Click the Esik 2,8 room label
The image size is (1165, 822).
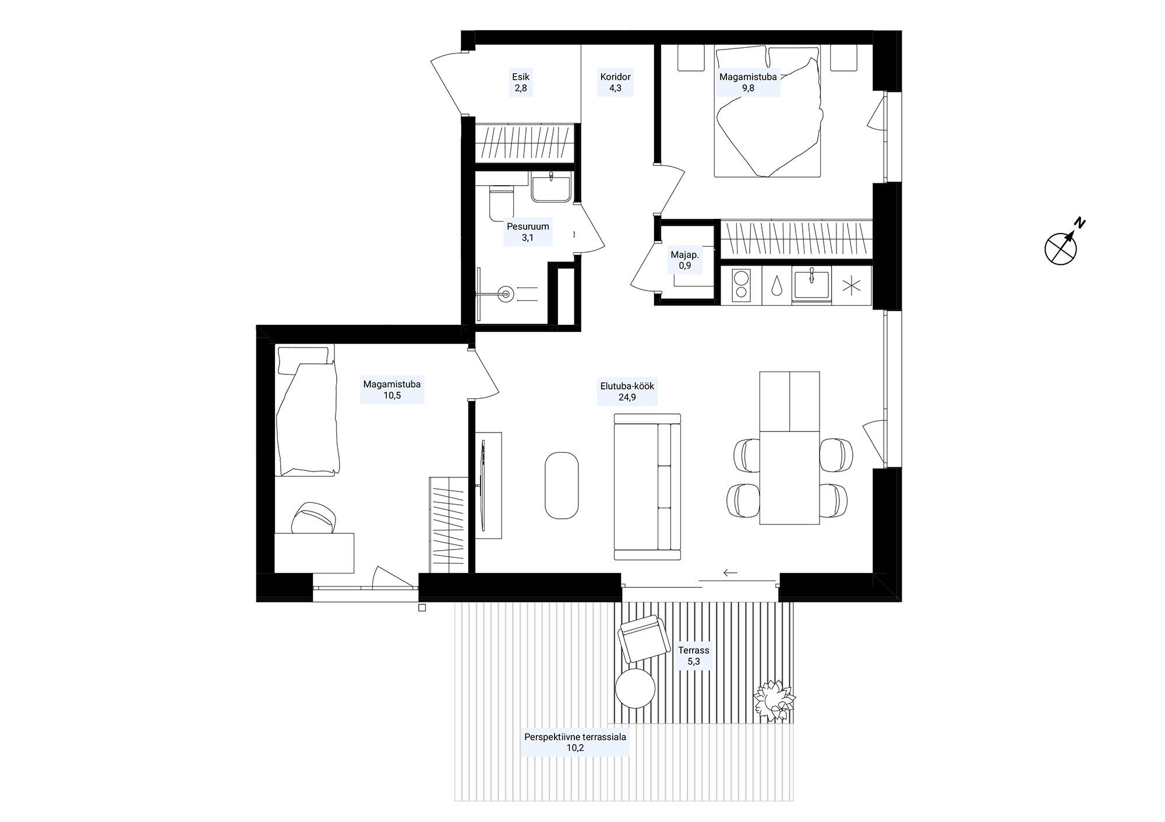(x=521, y=82)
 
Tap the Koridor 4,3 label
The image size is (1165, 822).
(x=615, y=82)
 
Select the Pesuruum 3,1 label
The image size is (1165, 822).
(x=528, y=232)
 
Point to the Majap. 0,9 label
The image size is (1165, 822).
(x=684, y=260)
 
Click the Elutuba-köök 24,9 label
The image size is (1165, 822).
(x=627, y=392)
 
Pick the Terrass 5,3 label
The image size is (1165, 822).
(x=693, y=656)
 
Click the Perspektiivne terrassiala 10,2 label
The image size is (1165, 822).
(x=575, y=742)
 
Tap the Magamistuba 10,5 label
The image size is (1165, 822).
(x=392, y=390)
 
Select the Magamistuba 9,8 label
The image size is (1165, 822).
(x=748, y=82)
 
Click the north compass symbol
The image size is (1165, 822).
(x=1062, y=247)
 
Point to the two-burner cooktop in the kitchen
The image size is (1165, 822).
(x=741, y=286)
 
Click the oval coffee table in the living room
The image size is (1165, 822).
(x=562, y=486)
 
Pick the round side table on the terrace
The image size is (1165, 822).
(x=635, y=688)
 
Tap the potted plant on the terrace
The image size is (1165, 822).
(x=774, y=701)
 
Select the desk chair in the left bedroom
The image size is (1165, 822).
(x=315, y=518)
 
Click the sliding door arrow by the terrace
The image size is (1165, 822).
(x=730, y=573)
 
